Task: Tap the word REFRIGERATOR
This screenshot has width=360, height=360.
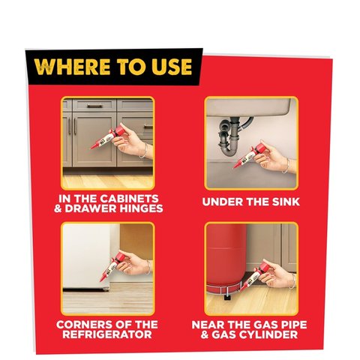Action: coord(106,337)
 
